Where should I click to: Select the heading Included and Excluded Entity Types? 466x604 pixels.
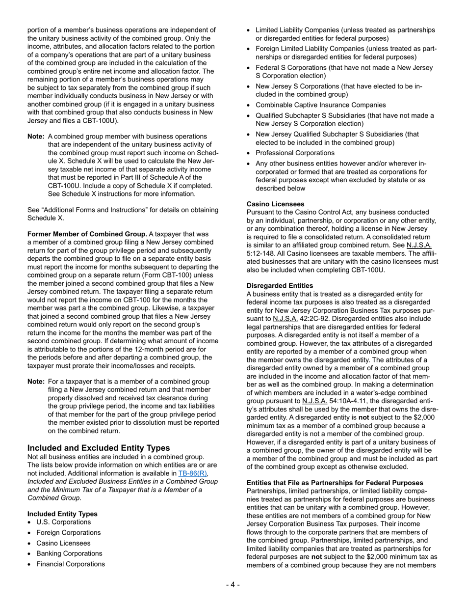[99, 447]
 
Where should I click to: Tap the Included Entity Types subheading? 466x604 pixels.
[62, 514]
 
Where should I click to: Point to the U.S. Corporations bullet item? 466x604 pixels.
[63, 522]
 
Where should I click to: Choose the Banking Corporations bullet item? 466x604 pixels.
[69, 553]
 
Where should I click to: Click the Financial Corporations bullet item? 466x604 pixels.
[70, 564]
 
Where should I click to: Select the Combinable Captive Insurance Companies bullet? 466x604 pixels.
[320, 105]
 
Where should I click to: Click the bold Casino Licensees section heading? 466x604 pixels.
[275, 204]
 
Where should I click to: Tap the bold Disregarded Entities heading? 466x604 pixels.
[280, 285]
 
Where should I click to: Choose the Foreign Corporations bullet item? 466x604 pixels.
[68, 532]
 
